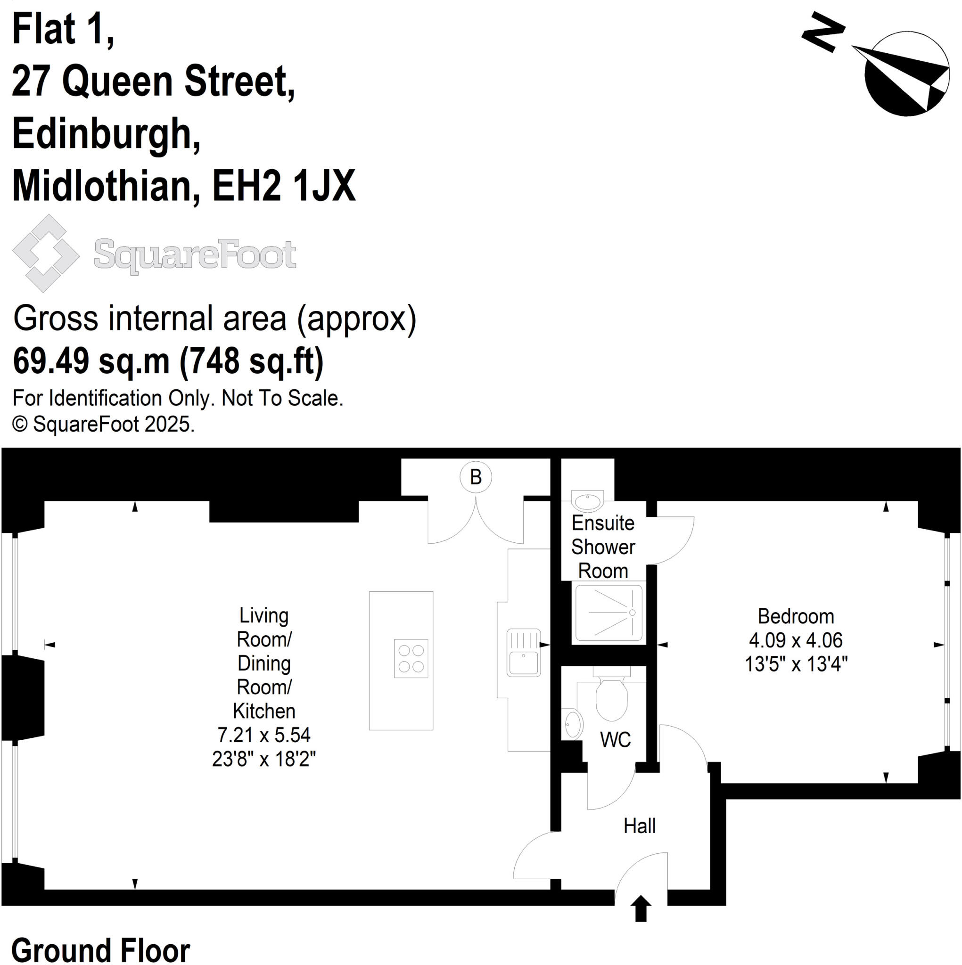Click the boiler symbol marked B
475,477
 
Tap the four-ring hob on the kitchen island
411,658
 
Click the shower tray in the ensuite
608,613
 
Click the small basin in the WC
573,724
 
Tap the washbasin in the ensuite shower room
588,501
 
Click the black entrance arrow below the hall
641,908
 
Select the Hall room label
639,826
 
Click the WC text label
615,740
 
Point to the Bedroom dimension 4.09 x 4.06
796,640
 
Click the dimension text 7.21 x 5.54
264,735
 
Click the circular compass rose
906,74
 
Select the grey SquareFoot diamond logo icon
45,253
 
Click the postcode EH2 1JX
283,186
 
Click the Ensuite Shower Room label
603,547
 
